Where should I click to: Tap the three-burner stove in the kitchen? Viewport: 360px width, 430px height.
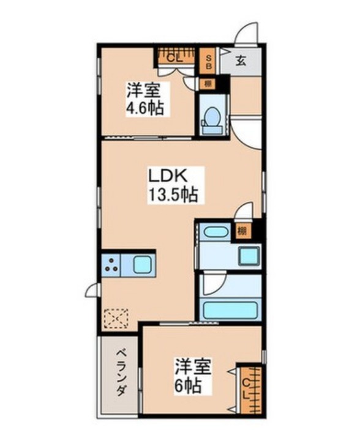click(112, 265)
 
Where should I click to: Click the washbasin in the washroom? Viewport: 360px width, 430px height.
click(215, 232)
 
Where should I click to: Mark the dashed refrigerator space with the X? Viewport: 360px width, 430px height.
click(116, 318)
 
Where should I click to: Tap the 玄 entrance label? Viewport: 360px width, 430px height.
click(242, 61)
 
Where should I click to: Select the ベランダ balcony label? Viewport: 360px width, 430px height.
click(120, 373)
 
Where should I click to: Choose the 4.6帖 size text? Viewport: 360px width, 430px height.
click(144, 109)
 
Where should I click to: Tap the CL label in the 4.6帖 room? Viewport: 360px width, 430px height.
click(174, 59)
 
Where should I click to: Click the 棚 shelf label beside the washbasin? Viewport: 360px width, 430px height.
click(242, 231)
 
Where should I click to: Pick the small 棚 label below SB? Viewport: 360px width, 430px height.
click(208, 84)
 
